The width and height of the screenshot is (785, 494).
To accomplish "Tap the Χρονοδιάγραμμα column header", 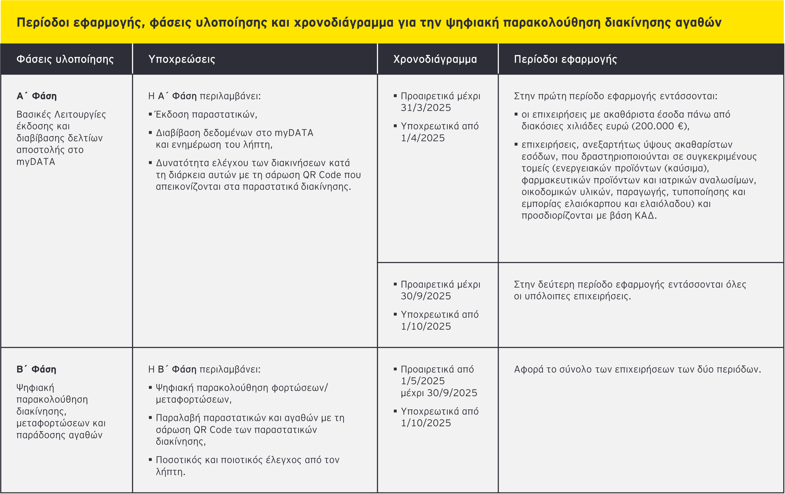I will point(435,59).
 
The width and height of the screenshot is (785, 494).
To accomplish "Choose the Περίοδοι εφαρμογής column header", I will point(565,59).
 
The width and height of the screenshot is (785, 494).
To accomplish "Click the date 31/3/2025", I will point(426,108).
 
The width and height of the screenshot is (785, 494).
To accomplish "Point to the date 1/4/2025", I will point(423,138).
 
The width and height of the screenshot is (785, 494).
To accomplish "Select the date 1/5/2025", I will point(423,381).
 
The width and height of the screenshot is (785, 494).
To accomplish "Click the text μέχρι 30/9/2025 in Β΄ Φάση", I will point(439,393).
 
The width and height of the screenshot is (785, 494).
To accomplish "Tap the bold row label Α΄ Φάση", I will point(37,96).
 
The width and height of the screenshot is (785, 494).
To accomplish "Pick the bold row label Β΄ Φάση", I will point(36,369).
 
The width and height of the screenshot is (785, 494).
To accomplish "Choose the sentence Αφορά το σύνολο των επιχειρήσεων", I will point(637,369).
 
